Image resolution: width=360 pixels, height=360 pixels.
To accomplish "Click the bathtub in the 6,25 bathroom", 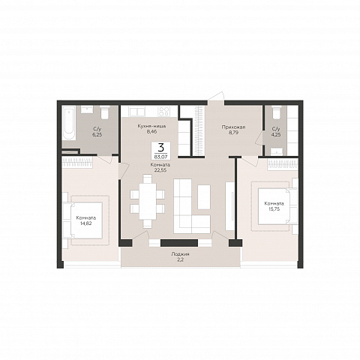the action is (x=69, y=123).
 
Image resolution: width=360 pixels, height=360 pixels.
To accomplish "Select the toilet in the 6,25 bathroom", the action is (x=105, y=112).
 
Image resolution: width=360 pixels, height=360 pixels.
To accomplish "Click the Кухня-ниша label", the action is (x=151, y=126).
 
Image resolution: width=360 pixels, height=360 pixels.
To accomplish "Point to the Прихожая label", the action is (x=233, y=127).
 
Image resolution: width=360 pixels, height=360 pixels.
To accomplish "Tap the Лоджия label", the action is (x=180, y=254).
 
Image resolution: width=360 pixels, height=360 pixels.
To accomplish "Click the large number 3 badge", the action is (x=161, y=148).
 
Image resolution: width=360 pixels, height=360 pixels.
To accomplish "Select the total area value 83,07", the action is (x=161, y=157).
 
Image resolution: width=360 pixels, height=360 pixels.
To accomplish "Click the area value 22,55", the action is (x=160, y=170).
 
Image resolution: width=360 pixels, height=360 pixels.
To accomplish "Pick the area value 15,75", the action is (x=274, y=209).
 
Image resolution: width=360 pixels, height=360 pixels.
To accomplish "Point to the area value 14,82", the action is (x=86, y=223).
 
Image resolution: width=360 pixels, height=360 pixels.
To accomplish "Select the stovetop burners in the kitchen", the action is (x=164, y=112).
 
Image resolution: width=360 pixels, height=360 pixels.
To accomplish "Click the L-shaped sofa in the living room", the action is (x=192, y=206).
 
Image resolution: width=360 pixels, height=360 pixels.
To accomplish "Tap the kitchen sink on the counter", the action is (x=136, y=111).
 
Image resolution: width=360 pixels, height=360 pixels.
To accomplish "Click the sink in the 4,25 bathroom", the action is (x=276, y=151).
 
